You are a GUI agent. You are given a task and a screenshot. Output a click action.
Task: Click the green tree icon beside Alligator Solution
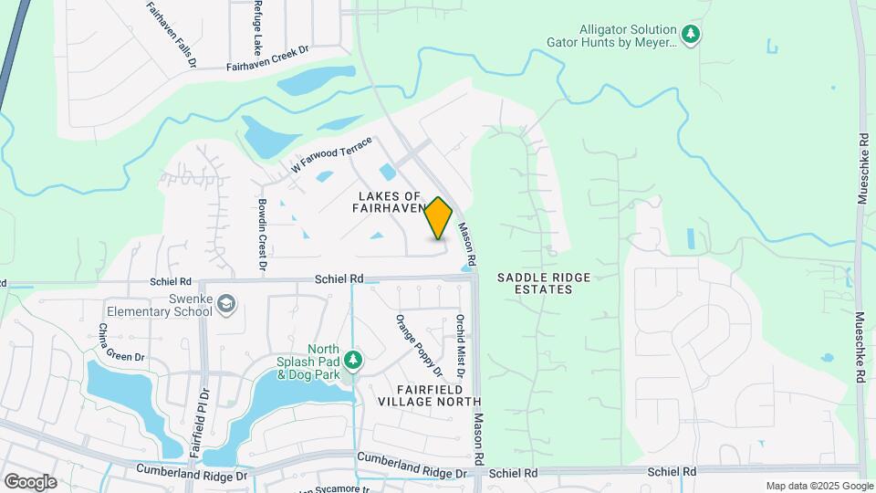(x=692, y=35)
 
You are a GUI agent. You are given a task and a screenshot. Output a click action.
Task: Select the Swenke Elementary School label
(x=159, y=304)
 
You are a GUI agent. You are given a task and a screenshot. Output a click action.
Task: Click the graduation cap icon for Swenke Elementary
(x=226, y=304)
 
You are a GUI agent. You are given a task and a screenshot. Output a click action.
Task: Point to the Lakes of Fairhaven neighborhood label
(x=390, y=202)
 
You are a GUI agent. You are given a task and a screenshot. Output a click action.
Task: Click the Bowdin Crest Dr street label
(x=261, y=236)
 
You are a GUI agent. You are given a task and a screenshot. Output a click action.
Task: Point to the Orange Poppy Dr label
(x=418, y=345)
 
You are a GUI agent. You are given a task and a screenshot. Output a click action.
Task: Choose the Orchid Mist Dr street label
(x=460, y=347)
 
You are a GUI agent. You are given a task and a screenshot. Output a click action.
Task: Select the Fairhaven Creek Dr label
(x=268, y=66)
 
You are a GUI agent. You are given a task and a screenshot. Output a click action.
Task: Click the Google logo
(x=30, y=481)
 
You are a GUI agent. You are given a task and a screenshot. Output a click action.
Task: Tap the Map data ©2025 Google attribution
(x=818, y=486)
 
